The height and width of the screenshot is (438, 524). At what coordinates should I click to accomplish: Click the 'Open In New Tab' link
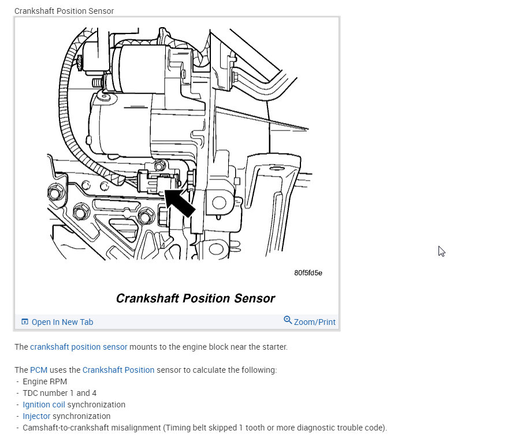tap(62, 322)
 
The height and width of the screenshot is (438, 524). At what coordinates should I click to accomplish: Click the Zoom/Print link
tap(314, 322)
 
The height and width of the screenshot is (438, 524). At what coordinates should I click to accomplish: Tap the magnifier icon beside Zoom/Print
tap(288, 320)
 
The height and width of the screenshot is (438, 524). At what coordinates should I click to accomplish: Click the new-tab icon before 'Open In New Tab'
tap(25, 322)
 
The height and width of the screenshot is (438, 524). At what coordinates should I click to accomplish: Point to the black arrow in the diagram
tap(180, 203)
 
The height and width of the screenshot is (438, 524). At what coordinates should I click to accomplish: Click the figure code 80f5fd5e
tap(308, 272)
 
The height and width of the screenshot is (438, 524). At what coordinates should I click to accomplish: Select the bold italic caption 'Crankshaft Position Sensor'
tap(195, 298)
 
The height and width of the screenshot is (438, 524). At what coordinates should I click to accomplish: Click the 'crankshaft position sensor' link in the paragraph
tap(79, 347)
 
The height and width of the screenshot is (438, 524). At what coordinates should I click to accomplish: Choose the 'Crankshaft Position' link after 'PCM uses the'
tap(118, 370)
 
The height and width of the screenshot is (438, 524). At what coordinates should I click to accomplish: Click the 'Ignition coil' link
tap(44, 405)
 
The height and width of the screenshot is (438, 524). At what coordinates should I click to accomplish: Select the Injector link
tap(36, 416)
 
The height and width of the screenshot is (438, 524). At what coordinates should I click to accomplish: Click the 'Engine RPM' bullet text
tap(45, 381)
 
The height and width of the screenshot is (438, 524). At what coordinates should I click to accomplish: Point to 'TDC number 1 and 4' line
tap(60, 393)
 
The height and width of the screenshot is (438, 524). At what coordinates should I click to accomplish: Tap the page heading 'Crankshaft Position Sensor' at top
tap(64, 11)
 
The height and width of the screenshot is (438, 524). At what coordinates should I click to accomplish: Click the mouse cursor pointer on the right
tap(441, 250)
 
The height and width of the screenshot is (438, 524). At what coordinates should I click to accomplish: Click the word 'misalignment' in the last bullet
tap(136, 428)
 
